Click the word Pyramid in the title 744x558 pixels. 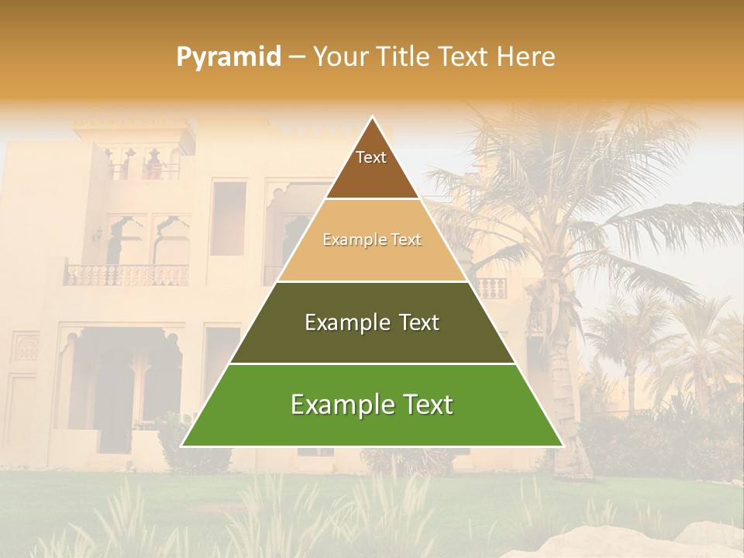(x=229, y=57)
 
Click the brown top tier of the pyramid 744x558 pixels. (x=372, y=174)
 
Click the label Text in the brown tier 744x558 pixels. (x=371, y=157)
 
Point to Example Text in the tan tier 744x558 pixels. (x=372, y=239)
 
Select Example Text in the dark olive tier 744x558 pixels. (x=372, y=322)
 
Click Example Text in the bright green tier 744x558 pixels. (x=372, y=405)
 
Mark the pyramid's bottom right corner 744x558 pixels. (x=562, y=446)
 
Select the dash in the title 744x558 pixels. (x=297, y=57)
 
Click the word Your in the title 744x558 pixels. (x=339, y=57)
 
